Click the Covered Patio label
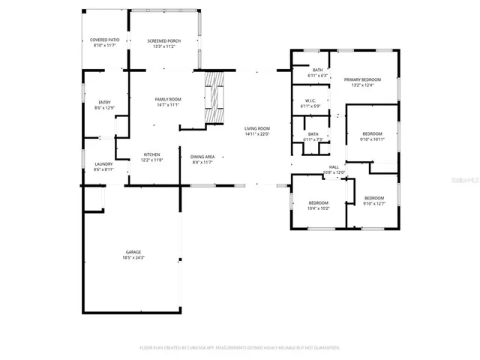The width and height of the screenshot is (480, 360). pos(105,40)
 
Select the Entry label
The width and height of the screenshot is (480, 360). pos(105,103)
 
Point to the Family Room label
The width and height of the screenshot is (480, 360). pos(168,100)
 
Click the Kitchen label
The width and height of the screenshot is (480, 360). pos(151,154)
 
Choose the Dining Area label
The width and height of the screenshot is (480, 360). pos(202,156)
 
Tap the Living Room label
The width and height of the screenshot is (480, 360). pos(257,128)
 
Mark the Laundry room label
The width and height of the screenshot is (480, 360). pos(104,164)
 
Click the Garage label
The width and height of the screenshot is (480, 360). pos(133,252)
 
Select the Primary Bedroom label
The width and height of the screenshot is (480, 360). pos(362,79)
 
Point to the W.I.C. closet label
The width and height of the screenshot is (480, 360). pos(310,101)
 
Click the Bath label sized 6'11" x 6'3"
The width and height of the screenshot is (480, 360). pos(318,70)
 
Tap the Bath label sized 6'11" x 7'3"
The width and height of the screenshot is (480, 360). pos(313,134)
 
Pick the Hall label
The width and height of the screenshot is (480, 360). pos(334,167)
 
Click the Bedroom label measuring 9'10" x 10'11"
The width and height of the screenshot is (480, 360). pos(372,134)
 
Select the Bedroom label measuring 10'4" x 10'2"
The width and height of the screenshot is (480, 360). pos(319,202)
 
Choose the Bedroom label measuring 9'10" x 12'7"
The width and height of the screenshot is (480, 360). pos(373,198)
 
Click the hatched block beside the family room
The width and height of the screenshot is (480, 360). pos(214,100)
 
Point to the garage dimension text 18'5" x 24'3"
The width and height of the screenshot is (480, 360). pos(133,258)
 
